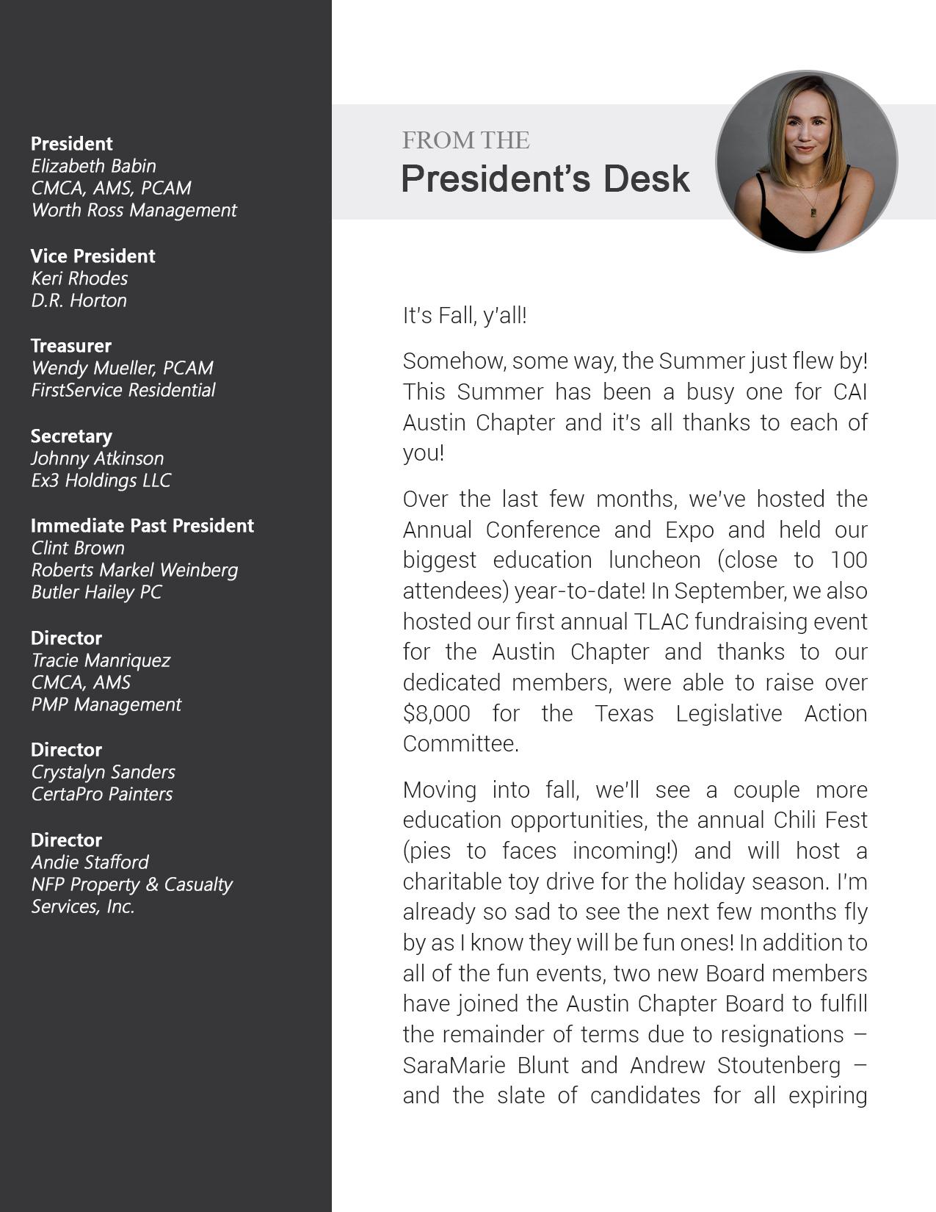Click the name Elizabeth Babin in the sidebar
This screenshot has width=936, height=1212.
[93, 166]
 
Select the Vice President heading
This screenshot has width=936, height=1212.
[92, 256]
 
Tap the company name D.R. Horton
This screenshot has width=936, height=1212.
[79, 300]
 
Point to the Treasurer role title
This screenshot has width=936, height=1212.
[70, 345]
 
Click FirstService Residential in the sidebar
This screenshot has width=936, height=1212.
[123, 390]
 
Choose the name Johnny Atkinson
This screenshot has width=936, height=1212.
[97, 458]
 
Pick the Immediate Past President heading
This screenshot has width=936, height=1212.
[142, 525]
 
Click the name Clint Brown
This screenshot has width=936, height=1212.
[78, 548]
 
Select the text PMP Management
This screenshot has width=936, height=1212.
[106, 704]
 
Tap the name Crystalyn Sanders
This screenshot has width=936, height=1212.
[103, 772]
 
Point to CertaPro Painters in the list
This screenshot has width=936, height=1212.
[101, 794]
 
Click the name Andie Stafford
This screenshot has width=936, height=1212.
[90, 862]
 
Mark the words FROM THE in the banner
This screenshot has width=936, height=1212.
[465, 140]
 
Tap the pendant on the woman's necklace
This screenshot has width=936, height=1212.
[813, 212]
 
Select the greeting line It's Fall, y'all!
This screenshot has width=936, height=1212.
[465, 316]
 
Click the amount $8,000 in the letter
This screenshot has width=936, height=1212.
[436, 713]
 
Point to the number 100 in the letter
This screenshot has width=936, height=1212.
[849, 560]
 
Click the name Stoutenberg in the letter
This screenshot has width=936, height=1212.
[779, 1065]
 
